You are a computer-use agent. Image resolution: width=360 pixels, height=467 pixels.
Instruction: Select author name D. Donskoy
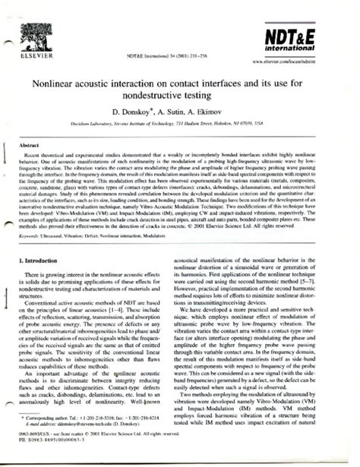(138, 112)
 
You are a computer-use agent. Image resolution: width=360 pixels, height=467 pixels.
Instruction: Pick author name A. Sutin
(179, 112)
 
